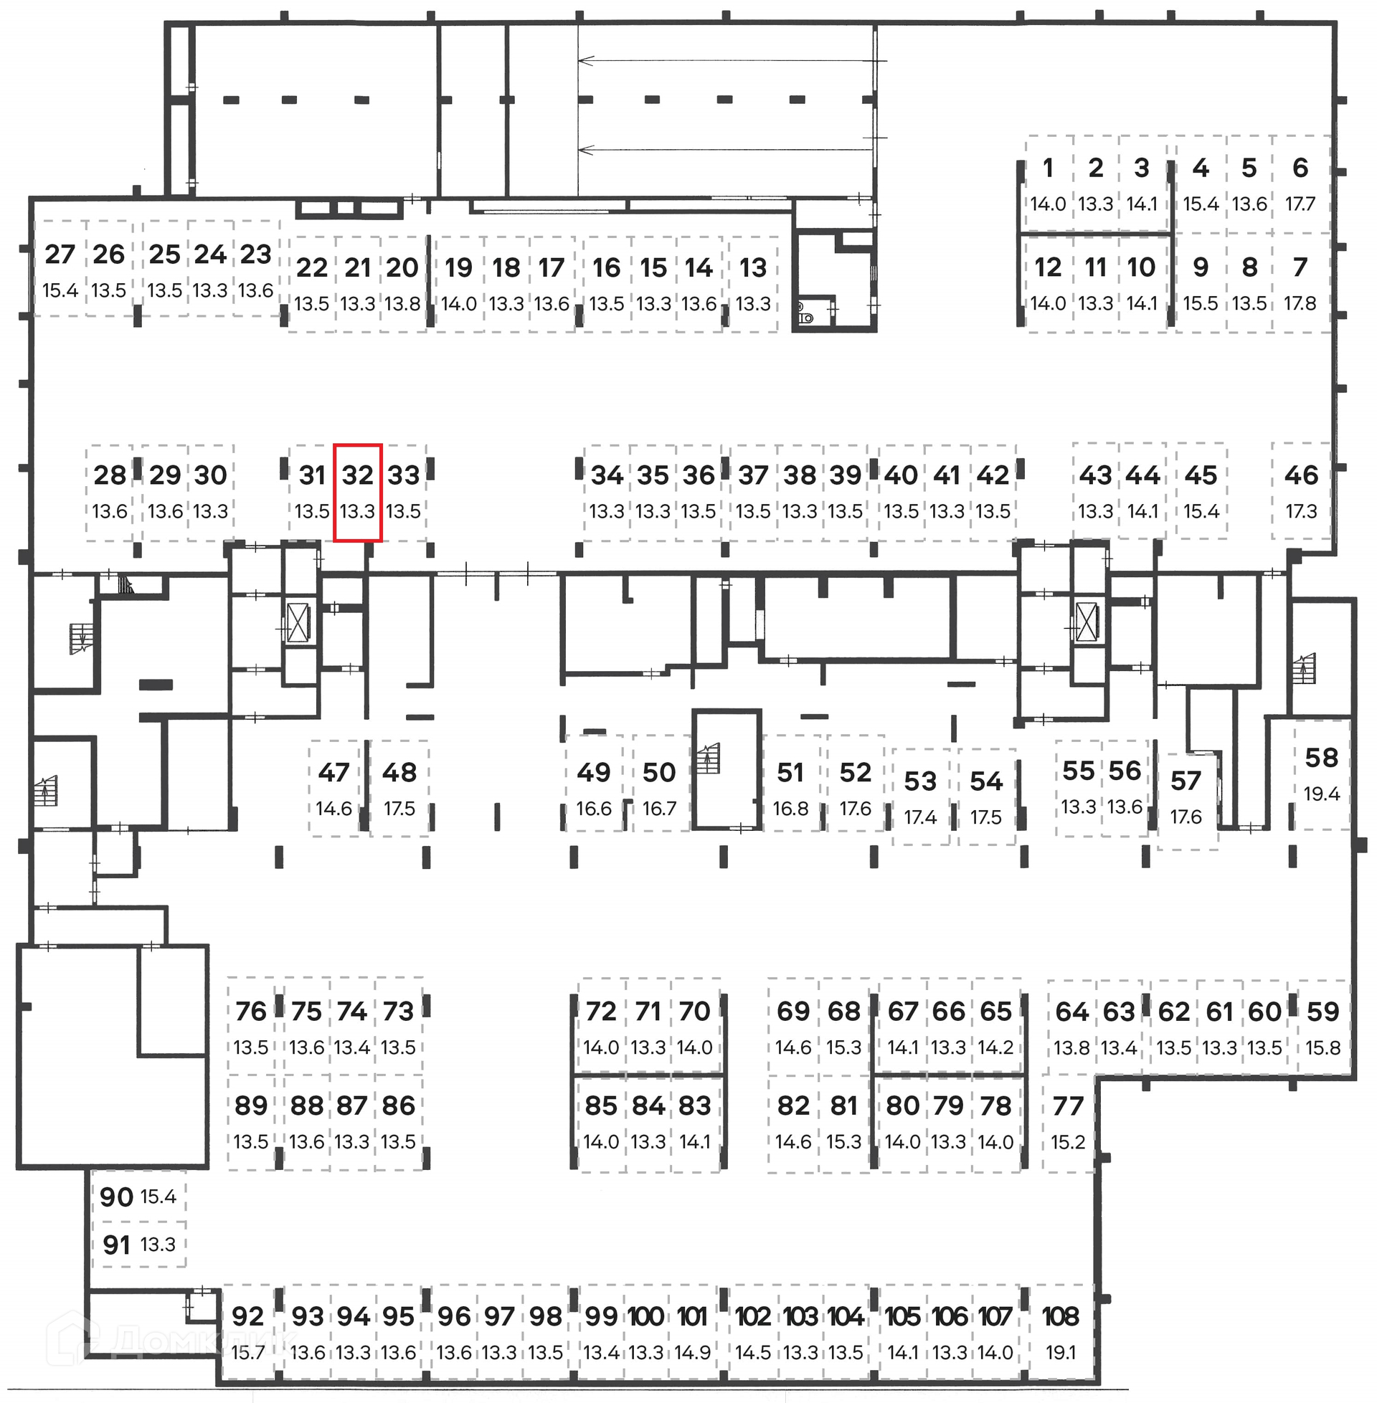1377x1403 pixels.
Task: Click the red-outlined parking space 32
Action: [357, 493]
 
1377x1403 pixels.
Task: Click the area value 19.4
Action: [1321, 794]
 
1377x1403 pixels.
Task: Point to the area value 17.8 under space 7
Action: [1300, 303]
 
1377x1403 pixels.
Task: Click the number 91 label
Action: [116, 1245]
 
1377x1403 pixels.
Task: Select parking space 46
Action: [1301, 491]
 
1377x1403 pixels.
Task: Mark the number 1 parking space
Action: [1048, 184]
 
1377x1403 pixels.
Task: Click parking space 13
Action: [753, 284]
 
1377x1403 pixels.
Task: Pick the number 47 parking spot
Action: [333, 788]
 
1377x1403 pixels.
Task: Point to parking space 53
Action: [920, 796]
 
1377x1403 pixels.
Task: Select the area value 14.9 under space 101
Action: [693, 1352]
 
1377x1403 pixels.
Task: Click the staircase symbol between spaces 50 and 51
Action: [709, 759]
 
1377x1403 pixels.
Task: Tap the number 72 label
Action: [601, 1012]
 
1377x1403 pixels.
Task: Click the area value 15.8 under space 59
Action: [1322, 1047]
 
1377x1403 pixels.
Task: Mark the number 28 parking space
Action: [110, 493]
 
